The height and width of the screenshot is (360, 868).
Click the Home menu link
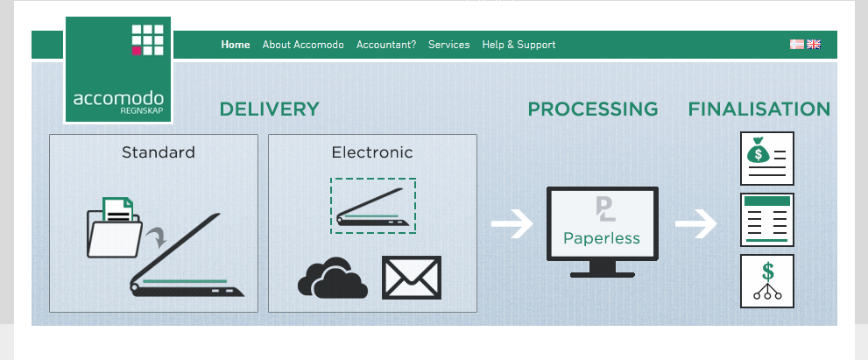click(236, 45)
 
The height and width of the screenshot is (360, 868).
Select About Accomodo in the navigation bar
click(303, 45)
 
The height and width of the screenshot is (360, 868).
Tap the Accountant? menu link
click(386, 45)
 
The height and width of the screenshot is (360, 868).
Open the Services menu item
click(448, 45)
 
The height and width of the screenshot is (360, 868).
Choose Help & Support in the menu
click(519, 45)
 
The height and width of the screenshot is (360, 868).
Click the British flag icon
click(814, 44)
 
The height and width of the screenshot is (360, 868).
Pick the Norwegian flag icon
click(797, 44)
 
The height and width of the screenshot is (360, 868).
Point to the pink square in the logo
click(137, 51)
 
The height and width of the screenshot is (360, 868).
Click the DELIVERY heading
click(269, 109)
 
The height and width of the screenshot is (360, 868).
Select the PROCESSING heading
click(592, 109)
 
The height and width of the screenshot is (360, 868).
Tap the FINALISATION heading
click(759, 109)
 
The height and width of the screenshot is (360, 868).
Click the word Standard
click(158, 152)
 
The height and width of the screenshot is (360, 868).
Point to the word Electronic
click(371, 152)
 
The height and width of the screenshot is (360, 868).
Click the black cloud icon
click(331, 279)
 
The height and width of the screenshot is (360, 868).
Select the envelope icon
click(412, 278)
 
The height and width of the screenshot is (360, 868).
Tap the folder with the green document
click(115, 228)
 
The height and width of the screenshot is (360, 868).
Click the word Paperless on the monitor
click(602, 237)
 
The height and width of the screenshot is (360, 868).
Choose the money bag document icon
click(766, 159)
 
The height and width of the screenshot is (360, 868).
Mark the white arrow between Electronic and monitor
click(512, 225)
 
